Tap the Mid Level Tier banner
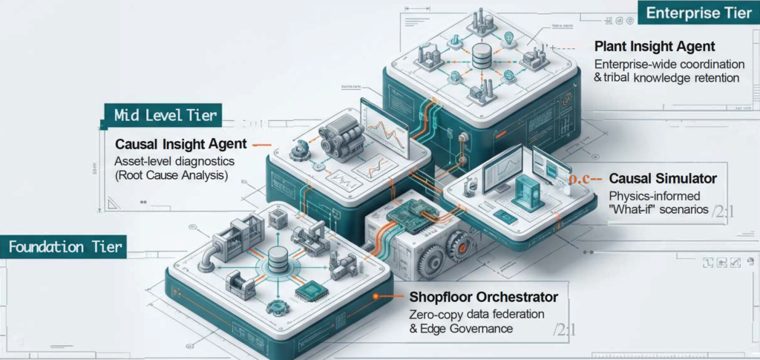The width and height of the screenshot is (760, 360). tap(166, 115)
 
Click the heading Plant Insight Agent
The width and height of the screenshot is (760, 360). tap(655, 47)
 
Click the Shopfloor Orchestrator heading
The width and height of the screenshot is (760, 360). tap(483, 297)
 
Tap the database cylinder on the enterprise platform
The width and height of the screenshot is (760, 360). tap(481, 54)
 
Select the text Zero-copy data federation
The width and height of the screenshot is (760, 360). tap(476, 313)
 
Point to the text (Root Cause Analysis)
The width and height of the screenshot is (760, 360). tap(171, 176)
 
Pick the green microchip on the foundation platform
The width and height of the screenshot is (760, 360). tap(311, 292)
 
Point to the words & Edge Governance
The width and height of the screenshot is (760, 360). tap(461, 329)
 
